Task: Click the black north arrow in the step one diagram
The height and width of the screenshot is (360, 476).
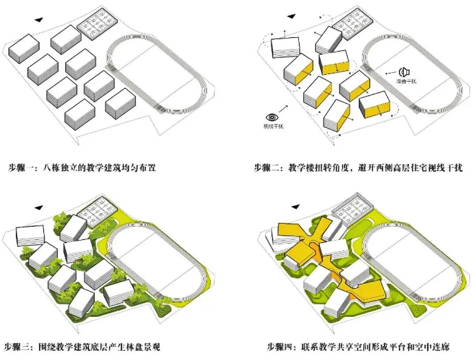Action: [x=40, y=19]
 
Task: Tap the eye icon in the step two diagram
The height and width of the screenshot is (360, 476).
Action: [x=272, y=117]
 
